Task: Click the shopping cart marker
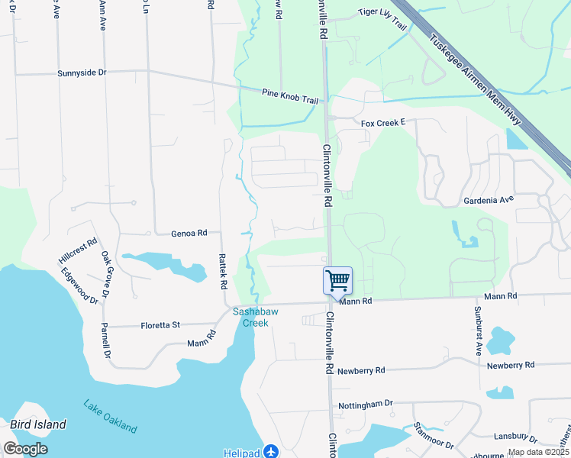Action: (x=337, y=280)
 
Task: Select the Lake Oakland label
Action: (x=111, y=417)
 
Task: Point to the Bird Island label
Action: (x=38, y=424)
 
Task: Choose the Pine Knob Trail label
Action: (x=289, y=96)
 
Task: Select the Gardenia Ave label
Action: (x=489, y=200)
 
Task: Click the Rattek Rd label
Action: (x=223, y=271)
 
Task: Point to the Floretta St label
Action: (x=160, y=325)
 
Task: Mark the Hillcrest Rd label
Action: (x=78, y=251)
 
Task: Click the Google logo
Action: (x=25, y=449)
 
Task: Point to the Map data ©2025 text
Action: (x=538, y=452)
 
